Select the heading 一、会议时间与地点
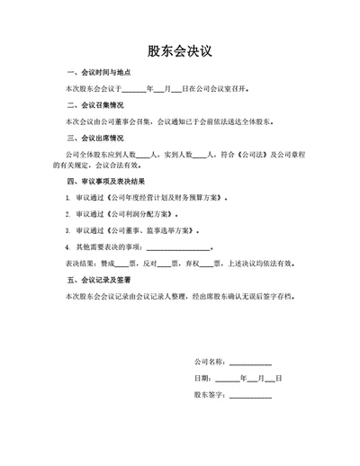pos(99,73)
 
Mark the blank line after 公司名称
pos(250,363)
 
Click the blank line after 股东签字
pos(250,395)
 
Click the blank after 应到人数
pos(145,155)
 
